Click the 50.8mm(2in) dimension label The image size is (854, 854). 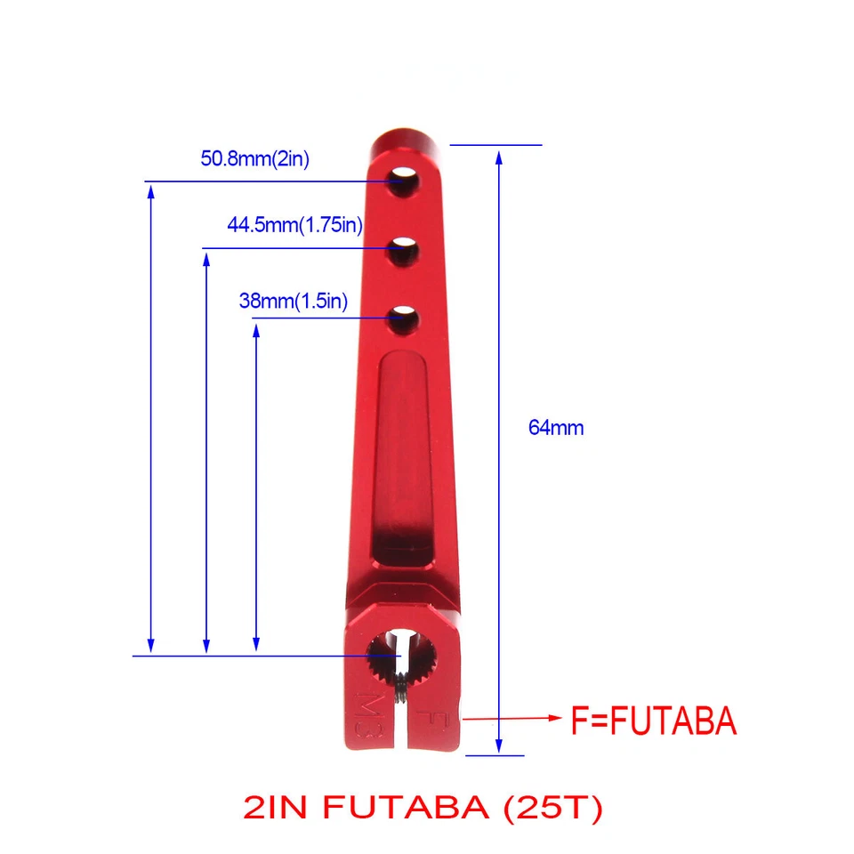254,160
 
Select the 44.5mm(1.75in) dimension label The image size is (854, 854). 294,225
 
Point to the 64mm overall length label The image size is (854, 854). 556,427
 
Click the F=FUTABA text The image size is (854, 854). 653,721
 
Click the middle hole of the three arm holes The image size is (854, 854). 405,251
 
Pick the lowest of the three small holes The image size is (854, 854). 405,318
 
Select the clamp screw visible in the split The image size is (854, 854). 403,689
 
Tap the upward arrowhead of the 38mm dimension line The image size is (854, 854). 256,332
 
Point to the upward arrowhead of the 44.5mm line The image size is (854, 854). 206,259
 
